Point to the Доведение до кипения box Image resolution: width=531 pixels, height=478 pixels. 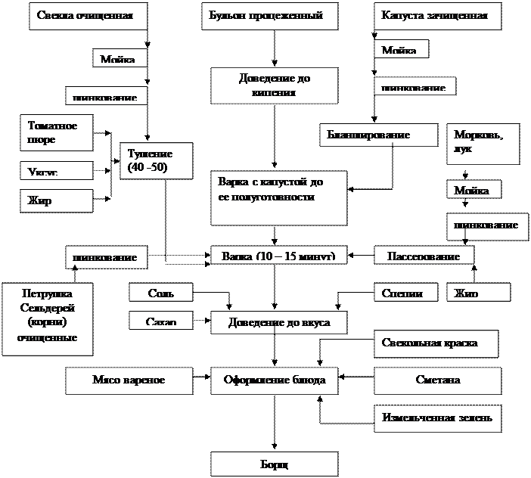272,85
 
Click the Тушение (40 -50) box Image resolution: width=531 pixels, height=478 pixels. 156,160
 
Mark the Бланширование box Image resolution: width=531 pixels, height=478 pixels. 378,135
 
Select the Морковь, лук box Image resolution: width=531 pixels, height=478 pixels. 483,143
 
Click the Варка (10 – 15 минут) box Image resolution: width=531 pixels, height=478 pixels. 278,255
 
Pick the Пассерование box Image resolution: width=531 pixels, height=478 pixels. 424,255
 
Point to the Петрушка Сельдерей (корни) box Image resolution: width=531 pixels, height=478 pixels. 48,318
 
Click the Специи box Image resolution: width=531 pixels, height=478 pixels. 407,292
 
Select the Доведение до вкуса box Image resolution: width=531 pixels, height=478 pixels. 280,322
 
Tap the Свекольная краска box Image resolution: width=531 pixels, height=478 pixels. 436,343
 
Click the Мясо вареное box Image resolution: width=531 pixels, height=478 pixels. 129,380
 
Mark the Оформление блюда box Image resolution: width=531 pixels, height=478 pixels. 279,380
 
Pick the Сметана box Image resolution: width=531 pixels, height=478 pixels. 437,380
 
